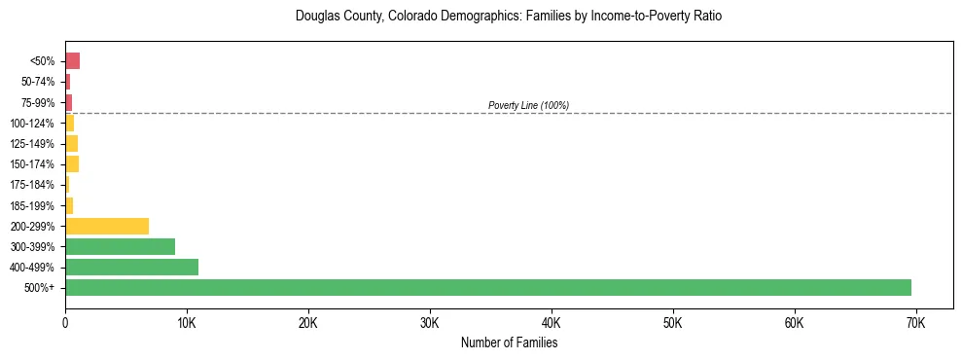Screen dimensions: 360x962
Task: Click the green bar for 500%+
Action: pos(487,287)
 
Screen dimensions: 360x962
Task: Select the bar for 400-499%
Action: pos(131,267)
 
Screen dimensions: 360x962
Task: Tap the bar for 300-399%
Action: pos(120,246)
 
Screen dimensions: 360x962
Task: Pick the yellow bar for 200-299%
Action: pos(107,226)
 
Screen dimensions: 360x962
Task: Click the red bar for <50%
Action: pos(72,61)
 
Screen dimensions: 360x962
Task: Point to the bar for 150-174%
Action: pos(72,163)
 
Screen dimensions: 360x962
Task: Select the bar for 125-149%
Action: pos(71,143)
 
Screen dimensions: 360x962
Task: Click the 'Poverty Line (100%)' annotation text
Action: pos(528,105)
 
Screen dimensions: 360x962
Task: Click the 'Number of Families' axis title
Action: pos(509,342)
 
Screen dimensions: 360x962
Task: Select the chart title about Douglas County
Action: pos(509,17)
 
